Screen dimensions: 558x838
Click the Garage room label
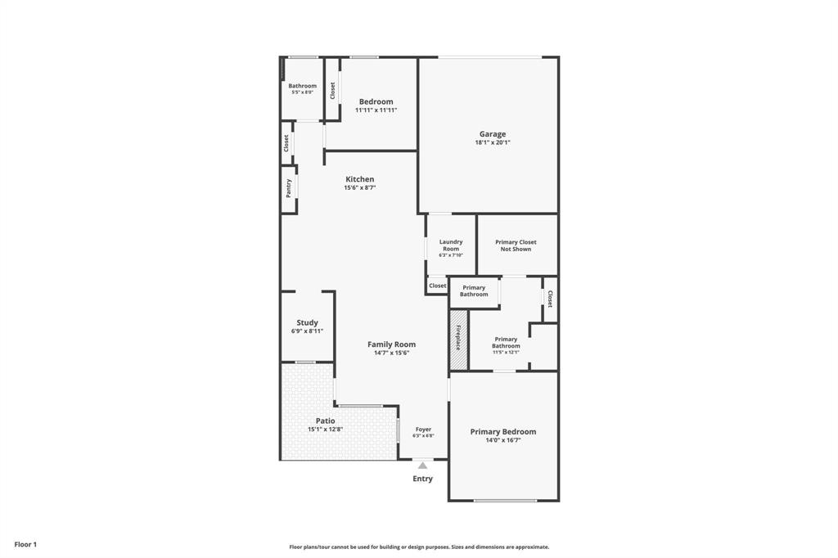point(492,134)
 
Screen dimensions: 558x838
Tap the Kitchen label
point(359,179)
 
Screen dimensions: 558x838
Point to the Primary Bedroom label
point(502,432)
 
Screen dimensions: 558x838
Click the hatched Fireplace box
point(457,339)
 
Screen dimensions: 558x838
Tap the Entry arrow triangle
point(422,466)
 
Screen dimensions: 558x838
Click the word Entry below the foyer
point(422,479)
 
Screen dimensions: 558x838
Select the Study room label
point(307,322)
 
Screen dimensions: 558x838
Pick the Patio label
point(325,421)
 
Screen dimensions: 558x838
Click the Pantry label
point(288,189)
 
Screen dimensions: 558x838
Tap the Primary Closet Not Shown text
point(516,245)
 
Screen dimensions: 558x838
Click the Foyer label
point(423,430)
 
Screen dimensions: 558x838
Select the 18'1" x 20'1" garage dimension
point(492,142)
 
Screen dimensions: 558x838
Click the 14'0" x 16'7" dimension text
point(502,440)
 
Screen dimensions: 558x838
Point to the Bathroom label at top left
point(302,86)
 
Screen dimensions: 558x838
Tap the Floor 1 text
point(25,544)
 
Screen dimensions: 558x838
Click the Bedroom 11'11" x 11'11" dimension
point(376,110)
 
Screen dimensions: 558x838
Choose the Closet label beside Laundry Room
point(438,286)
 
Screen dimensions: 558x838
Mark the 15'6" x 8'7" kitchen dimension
point(359,187)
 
